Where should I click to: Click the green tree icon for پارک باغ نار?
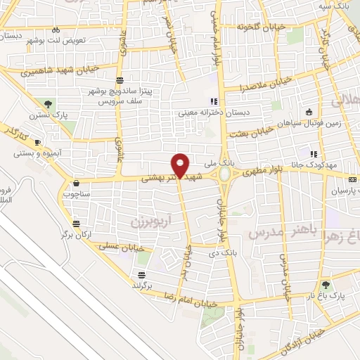click(x=326, y=285)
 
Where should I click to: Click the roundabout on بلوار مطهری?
click(x=224, y=173)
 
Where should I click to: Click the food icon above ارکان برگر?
click(x=76, y=224)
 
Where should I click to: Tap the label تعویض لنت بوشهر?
click(x=56, y=40)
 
